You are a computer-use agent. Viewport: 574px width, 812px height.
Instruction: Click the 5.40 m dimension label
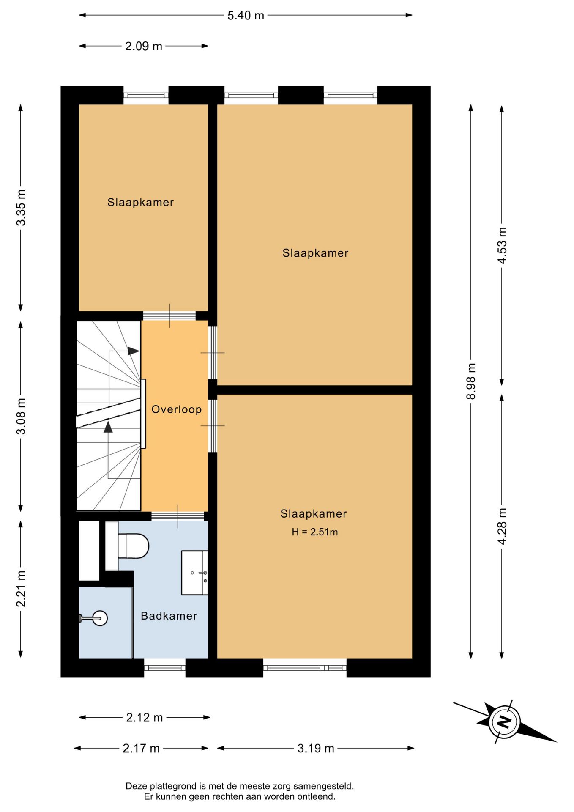(x=246, y=16)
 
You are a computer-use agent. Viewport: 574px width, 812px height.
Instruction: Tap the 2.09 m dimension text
(x=144, y=46)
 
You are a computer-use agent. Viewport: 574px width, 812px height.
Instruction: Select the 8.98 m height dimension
(x=471, y=381)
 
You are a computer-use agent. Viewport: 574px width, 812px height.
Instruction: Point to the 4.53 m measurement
(x=502, y=246)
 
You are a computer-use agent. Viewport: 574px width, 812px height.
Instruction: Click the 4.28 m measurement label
(x=502, y=526)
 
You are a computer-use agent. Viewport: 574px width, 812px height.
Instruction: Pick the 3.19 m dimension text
(x=316, y=748)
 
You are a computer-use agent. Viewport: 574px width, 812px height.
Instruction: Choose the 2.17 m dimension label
(x=141, y=748)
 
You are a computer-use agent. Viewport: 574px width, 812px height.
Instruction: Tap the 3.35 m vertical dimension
(x=21, y=207)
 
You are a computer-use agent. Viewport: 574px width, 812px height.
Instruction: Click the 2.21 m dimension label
(x=21, y=588)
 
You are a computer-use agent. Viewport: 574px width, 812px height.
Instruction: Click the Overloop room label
(x=177, y=409)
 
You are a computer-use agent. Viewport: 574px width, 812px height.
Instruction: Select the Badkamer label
(x=169, y=616)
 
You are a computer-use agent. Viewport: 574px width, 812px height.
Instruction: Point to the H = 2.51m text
(x=315, y=532)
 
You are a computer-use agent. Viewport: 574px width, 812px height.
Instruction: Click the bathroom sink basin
(x=194, y=573)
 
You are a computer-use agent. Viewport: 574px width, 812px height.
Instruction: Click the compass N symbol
(x=504, y=721)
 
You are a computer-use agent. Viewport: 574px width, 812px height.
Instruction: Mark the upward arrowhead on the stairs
(x=108, y=427)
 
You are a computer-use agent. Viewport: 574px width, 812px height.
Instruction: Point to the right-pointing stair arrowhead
(x=134, y=351)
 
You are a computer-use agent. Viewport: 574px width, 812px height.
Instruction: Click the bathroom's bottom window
(x=165, y=668)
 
